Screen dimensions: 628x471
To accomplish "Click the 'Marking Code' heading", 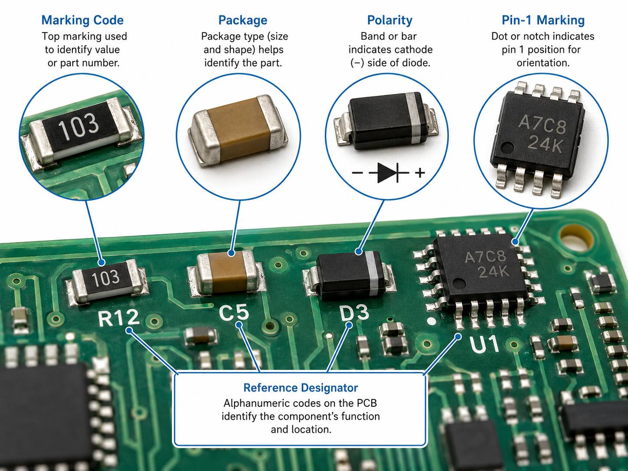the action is [x=82, y=20].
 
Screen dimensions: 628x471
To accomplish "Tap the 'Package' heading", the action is [x=242, y=20].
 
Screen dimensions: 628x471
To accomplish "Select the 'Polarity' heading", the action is [x=389, y=20].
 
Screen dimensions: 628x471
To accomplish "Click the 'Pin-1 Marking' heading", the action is [x=543, y=20].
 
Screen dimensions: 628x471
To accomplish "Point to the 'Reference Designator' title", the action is [x=301, y=388].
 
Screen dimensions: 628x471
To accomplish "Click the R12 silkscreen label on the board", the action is [x=119, y=318].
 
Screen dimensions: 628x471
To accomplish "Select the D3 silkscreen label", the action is [x=354, y=313].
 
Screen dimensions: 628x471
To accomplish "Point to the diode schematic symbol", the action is [x=389, y=173].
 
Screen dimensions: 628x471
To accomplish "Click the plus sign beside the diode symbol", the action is [x=420, y=173].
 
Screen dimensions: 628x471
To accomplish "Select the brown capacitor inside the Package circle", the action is [x=238, y=131].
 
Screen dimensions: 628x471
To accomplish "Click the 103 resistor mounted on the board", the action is [x=106, y=281].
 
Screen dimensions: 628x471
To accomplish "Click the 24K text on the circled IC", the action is [x=545, y=143].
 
